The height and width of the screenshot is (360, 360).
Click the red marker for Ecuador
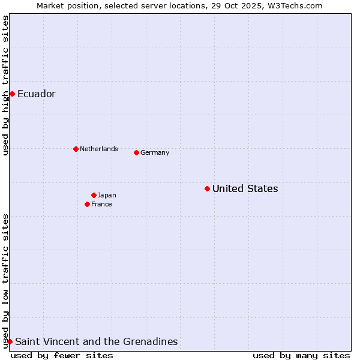pyautogui.click(x=12, y=94)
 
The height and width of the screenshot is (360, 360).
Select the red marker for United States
pyautogui.click(x=207, y=188)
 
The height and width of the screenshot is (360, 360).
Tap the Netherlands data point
pyautogui.click(x=76, y=149)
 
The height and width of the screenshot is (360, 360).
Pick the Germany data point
pyautogui.click(x=136, y=152)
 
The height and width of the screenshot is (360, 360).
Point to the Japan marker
pyautogui.click(x=94, y=195)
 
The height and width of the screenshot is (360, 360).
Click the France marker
pyautogui.click(x=87, y=204)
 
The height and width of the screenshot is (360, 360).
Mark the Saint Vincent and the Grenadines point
pyautogui.click(x=10, y=341)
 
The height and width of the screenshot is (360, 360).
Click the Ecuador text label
pyautogui.click(x=37, y=94)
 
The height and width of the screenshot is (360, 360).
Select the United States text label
pyautogui.click(x=245, y=188)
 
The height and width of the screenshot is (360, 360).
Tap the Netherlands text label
pyautogui.click(x=99, y=149)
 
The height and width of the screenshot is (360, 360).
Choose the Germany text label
pyautogui.click(x=155, y=152)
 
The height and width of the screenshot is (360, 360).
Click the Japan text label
pyautogui.click(x=107, y=195)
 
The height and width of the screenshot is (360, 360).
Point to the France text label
pyautogui.click(x=101, y=204)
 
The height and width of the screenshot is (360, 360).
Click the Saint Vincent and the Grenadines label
pyautogui.click(x=96, y=341)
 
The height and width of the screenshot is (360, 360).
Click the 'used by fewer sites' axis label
pyautogui.click(x=62, y=355)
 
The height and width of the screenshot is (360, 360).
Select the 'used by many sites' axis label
pyautogui.click(x=301, y=355)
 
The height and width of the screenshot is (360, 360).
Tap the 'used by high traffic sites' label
pyautogui.click(x=5, y=85)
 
